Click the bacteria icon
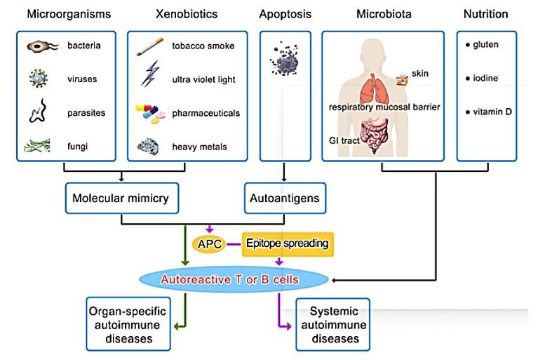coord(41,47)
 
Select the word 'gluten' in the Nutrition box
coord(487,45)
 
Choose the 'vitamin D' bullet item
coord(492,112)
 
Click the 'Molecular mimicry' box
coord(121,199)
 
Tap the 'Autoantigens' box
coord(284,199)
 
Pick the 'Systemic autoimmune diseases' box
coord(332,324)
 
